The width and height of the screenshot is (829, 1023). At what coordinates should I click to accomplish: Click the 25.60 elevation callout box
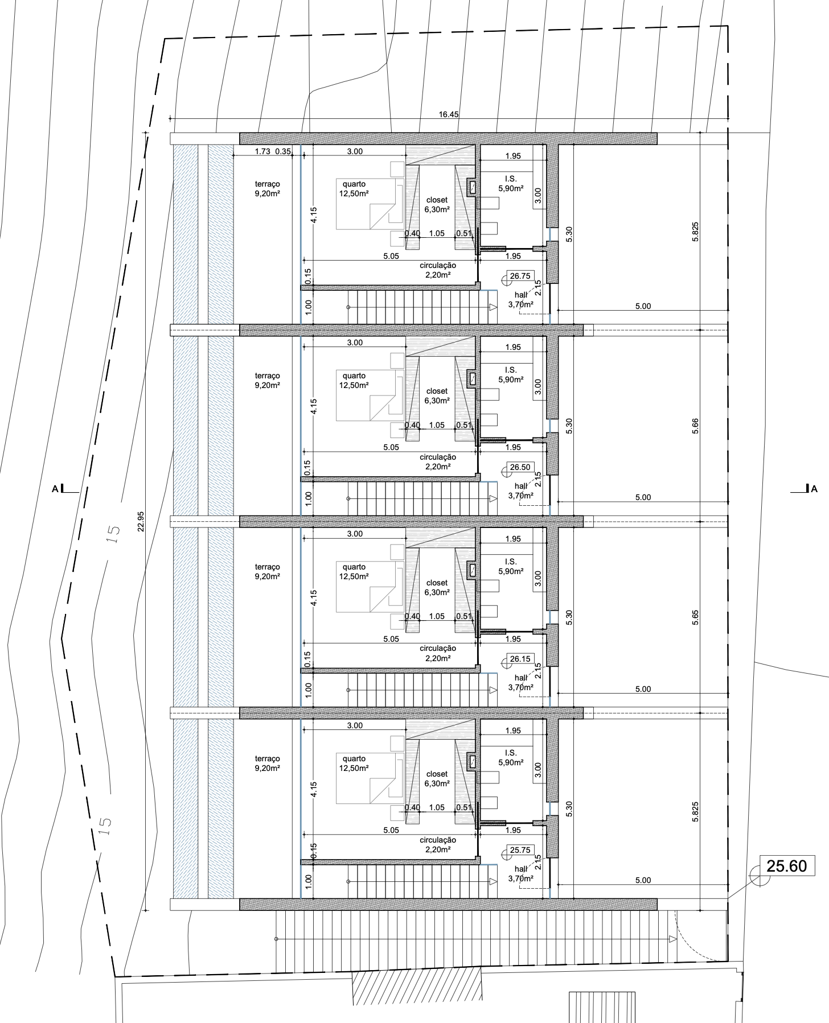click(x=787, y=866)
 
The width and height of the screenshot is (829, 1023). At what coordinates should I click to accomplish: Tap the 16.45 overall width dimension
click(x=449, y=114)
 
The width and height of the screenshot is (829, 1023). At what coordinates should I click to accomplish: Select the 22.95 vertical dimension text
click(x=141, y=522)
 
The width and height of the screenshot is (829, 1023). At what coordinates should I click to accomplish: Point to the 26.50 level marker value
click(x=520, y=467)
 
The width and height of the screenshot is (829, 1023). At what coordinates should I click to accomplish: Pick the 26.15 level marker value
click(x=520, y=659)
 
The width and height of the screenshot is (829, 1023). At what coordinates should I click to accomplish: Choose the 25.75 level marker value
click(x=520, y=850)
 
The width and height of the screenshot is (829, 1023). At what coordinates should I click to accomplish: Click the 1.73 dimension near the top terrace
click(x=262, y=151)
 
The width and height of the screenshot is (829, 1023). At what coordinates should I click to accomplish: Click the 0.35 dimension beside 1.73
click(x=283, y=151)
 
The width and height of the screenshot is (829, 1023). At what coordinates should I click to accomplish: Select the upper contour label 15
click(x=113, y=534)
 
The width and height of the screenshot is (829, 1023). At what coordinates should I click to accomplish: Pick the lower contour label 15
click(x=105, y=826)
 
